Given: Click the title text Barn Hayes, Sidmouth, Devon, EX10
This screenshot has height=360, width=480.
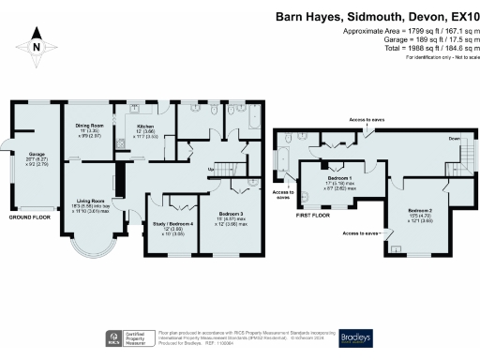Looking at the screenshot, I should [375, 16].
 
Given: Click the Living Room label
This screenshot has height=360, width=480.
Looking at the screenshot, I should [86, 200].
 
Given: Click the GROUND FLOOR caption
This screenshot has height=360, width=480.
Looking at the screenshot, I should [30, 217].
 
